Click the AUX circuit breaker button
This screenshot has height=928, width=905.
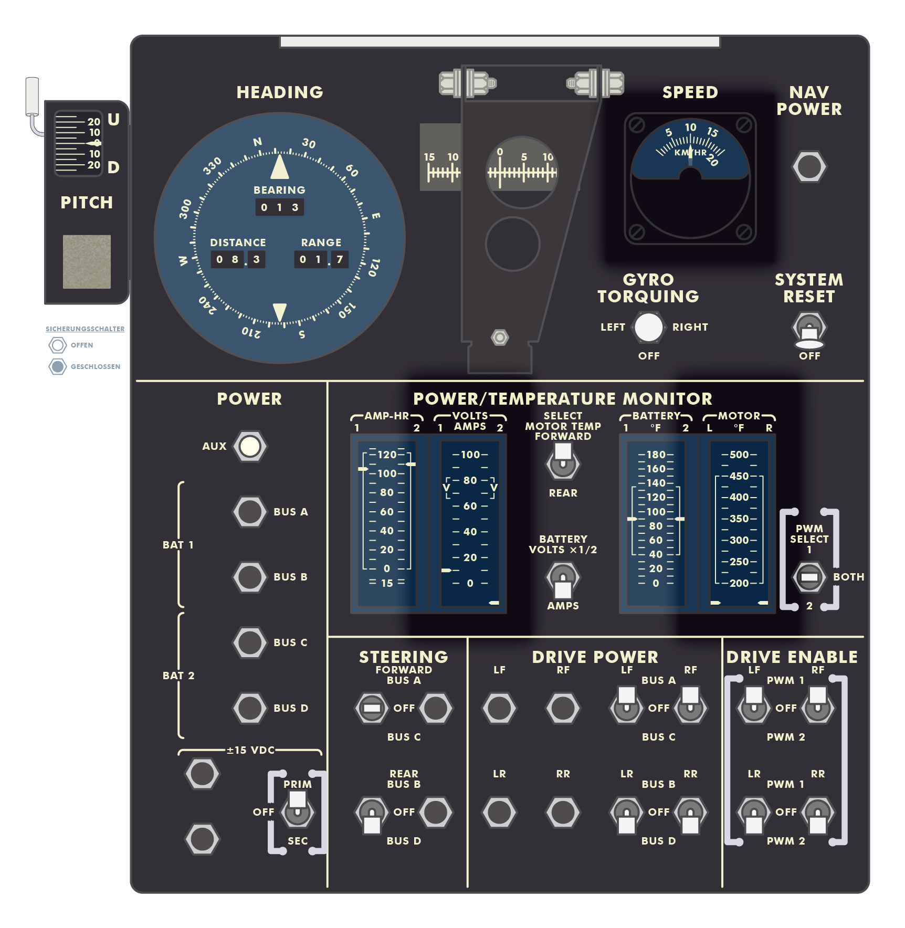[x=250, y=446]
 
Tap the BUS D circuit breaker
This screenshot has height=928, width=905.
[x=250, y=708]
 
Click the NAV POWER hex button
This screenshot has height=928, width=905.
[x=809, y=167]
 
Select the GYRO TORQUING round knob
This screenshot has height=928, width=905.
[x=649, y=327]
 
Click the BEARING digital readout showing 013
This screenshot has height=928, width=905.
[x=279, y=207]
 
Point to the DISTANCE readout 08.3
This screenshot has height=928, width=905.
[x=238, y=259]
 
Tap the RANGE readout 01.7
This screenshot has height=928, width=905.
[x=321, y=259]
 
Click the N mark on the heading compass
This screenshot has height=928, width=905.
[x=257, y=142]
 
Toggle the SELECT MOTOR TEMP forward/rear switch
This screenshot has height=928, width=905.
[x=563, y=460]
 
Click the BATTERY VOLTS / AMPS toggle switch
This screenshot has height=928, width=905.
[x=563, y=581]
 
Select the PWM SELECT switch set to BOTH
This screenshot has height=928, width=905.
[x=809, y=577]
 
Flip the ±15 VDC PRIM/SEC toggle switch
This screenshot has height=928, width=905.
[x=298, y=808]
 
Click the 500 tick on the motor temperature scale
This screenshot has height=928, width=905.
[x=739, y=455]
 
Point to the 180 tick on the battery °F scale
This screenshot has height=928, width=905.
[x=656, y=455]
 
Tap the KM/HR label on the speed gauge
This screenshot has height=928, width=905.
[x=690, y=153]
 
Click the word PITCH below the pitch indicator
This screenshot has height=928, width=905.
[x=87, y=203]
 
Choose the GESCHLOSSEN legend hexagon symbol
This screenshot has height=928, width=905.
[x=58, y=366]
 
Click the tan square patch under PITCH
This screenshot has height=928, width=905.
[x=87, y=261]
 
